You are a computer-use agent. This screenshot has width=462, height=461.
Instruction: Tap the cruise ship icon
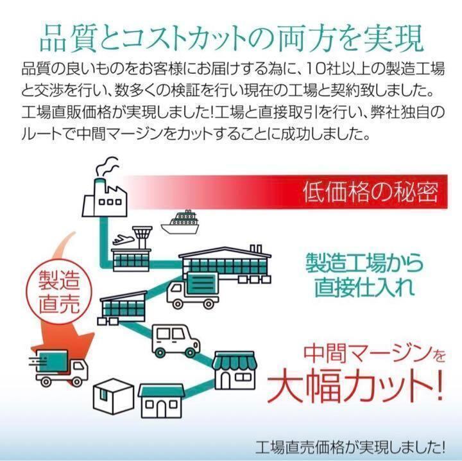(x=180, y=222)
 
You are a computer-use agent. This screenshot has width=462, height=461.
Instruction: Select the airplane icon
(x=122, y=239)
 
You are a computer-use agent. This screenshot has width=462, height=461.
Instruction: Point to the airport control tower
(x=142, y=238)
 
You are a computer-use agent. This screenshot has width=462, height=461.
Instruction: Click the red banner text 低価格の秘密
(x=371, y=192)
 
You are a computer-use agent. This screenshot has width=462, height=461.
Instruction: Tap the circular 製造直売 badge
(x=59, y=291)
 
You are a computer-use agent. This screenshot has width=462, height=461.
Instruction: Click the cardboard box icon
(x=114, y=396)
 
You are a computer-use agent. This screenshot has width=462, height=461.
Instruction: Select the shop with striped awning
(x=235, y=370)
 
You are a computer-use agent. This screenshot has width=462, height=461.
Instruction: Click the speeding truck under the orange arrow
(x=59, y=369)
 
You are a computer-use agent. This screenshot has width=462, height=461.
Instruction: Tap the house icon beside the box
(x=162, y=401)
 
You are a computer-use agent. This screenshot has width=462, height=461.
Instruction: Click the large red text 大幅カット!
(x=355, y=387)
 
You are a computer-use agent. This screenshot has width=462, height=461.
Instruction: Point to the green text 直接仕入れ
(x=364, y=287)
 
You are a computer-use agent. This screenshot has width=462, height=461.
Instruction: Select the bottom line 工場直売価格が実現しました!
(x=350, y=448)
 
